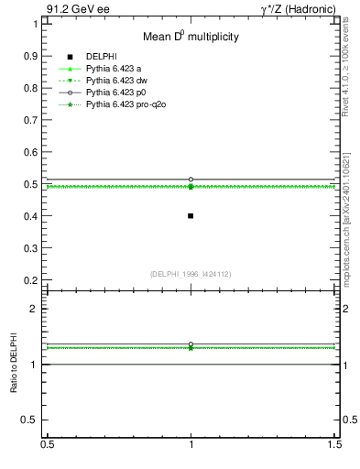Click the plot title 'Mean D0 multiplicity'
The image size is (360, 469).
tap(191, 38)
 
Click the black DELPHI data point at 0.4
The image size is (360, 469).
tap(191, 216)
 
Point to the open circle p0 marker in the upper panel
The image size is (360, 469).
tap(191, 180)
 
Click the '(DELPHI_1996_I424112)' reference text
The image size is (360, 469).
tap(191, 274)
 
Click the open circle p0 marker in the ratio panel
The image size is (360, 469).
tap(191, 344)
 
